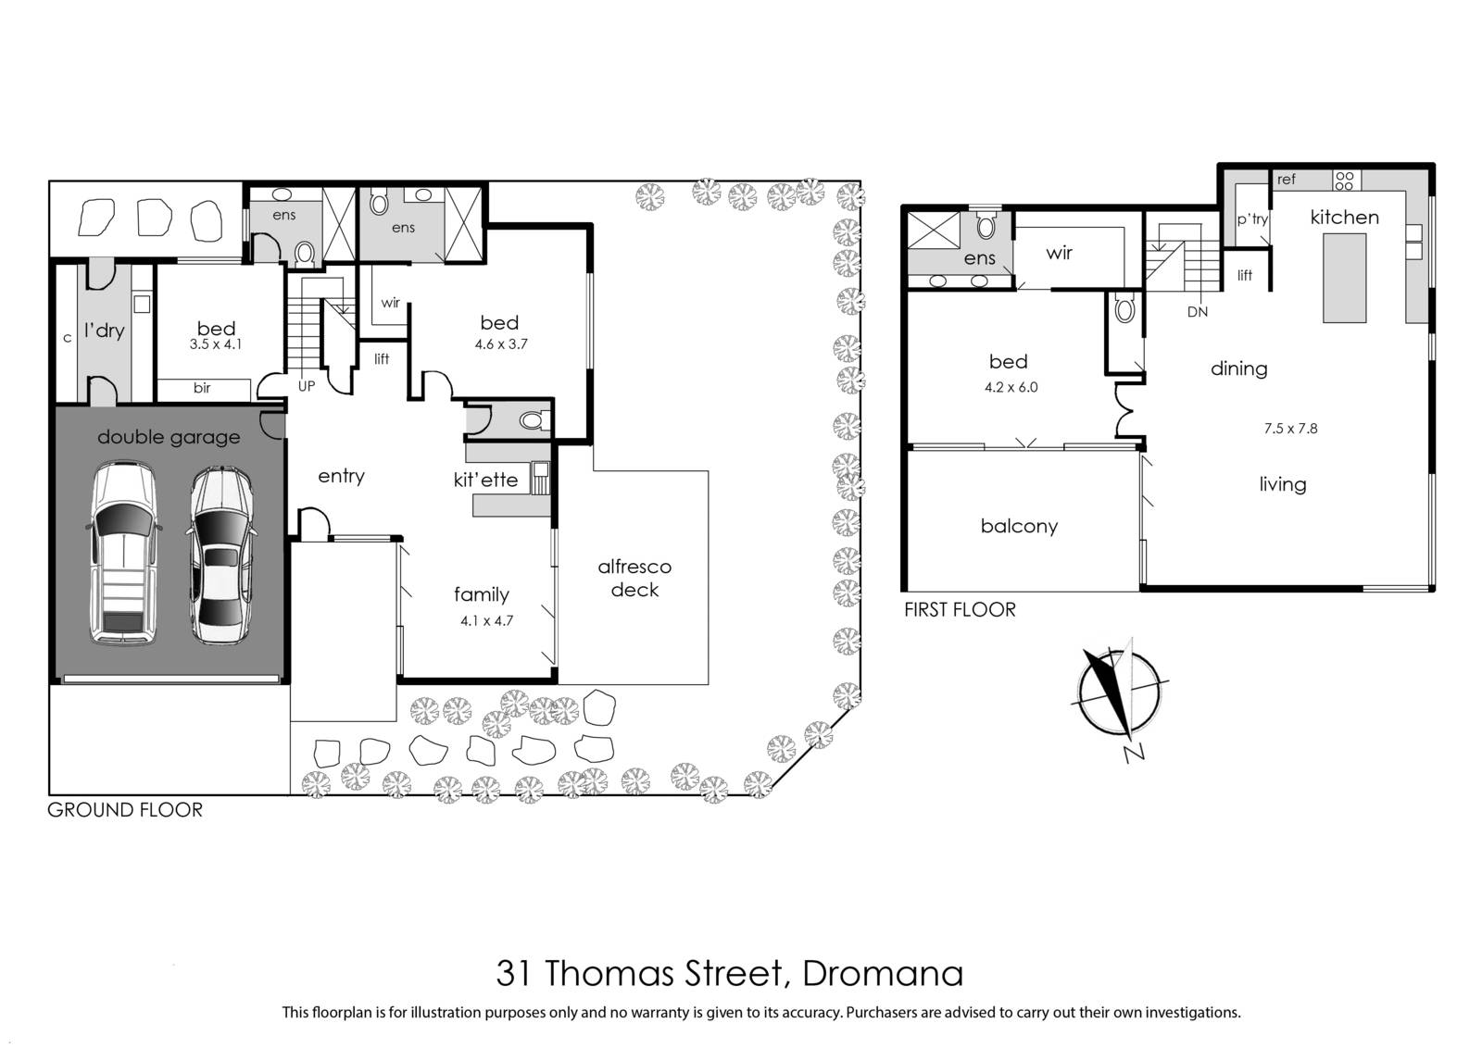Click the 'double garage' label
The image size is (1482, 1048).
pyautogui.click(x=169, y=437)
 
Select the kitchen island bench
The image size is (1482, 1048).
pyautogui.click(x=1344, y=278)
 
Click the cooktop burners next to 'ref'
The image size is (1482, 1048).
pyautogui.click(x=1344, y=181)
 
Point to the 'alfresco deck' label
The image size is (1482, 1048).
pyautogui.click(x=634, y=578)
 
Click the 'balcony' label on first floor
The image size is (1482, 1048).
pyautogui.click(x=1019, y=526)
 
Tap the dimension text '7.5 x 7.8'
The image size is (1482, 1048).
pyautogui.click(x=1290, y=429)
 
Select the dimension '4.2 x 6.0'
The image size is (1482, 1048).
pyautogui.click(x=1011, y=388)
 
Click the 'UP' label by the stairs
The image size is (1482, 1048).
pyautogui.click(x=307, y=386)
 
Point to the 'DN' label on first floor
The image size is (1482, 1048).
pyautogui.click(x=1198, y=312)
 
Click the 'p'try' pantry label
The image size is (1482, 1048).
pyautogui.click(x=1252, y=219)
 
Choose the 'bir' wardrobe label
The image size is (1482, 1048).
pyautogui.click(x=202, y=388)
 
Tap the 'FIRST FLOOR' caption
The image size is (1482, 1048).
pyautogui.click(x=960, y=609)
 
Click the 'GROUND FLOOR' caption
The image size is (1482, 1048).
pyautogui.click(x=125, y=810)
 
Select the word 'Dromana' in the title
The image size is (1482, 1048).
pyautogui.click(x=883, y=974)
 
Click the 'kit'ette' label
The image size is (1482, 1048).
pyautogui.click(x=485, y=480)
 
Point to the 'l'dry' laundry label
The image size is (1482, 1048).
pyautogui.click(x=105, y=330)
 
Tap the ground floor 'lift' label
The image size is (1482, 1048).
pyautogui.click(x=382, y=359)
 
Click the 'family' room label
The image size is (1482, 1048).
pyautogui.click(x=482, y=594)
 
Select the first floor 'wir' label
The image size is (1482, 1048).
pyautogui.click(x=1060, y=253)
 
